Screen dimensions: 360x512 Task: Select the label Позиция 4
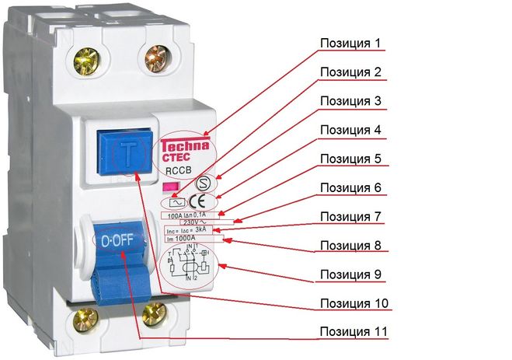(351, 129)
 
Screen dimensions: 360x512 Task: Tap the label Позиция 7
(351, 215)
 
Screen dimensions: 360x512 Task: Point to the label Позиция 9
(351, 274)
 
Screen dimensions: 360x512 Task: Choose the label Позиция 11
(351, 332)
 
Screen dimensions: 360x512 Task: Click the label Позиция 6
(351, 187)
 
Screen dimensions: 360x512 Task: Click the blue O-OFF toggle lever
(123, 245)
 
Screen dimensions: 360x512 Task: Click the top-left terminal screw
(86, 58)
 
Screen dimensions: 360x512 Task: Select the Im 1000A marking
(181, 239)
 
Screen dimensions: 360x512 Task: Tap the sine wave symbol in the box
(174, 202)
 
